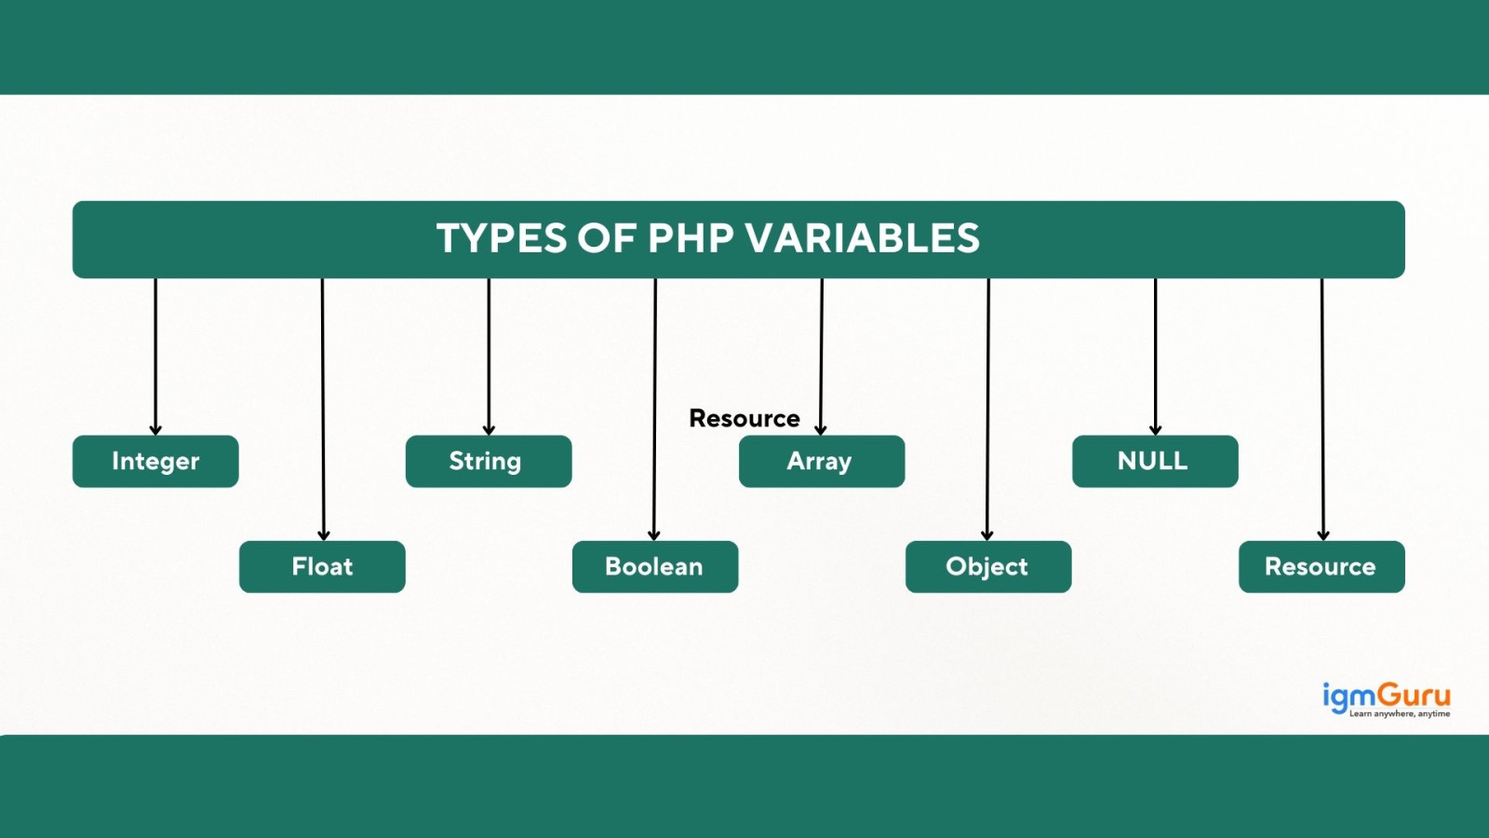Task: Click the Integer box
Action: (x=155, y=462)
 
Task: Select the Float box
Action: (x=322, y=567)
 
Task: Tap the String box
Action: (x=489, y=462)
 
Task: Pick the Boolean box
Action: (x=655, y=567)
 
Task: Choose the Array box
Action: (x=822, y=462)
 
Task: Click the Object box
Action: (x=988, y=567)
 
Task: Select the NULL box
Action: (x=1155, y=462)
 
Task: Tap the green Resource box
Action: (x=1322, y=567)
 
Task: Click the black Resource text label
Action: (x=744, y=418)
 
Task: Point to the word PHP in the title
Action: (x=691, y=238)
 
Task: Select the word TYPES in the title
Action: (x=502, y=238)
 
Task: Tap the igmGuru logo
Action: (x=1386, y=699)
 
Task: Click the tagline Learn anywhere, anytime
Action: (x=1400, y=713)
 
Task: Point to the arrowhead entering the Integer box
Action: (x=155, y=430)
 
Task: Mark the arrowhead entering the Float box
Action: (x=324, y=535)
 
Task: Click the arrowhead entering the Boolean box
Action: (x=654, y=535)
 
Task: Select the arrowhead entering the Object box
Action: (x=987, y=535)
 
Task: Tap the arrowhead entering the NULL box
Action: (x=1155, y=430)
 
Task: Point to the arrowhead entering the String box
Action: (x=489, y=430)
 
